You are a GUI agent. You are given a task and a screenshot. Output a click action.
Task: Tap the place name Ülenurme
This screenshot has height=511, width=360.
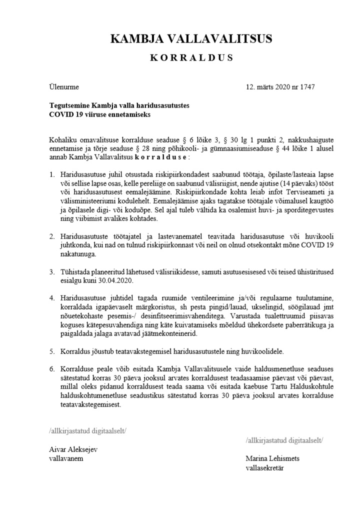(64, 87)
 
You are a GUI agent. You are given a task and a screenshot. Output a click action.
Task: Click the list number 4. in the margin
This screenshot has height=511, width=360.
(52, 298)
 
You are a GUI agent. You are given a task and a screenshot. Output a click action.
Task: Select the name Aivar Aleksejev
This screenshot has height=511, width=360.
(73, 449)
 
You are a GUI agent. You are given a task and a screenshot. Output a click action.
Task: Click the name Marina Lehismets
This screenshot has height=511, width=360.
(272, 458)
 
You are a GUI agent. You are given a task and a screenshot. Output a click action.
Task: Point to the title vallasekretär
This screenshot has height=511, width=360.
(264, 467)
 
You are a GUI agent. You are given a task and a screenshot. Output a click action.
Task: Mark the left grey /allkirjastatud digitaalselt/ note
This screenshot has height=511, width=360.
(87, 430)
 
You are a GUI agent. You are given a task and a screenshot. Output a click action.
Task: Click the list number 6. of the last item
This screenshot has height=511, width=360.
(52, 369)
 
